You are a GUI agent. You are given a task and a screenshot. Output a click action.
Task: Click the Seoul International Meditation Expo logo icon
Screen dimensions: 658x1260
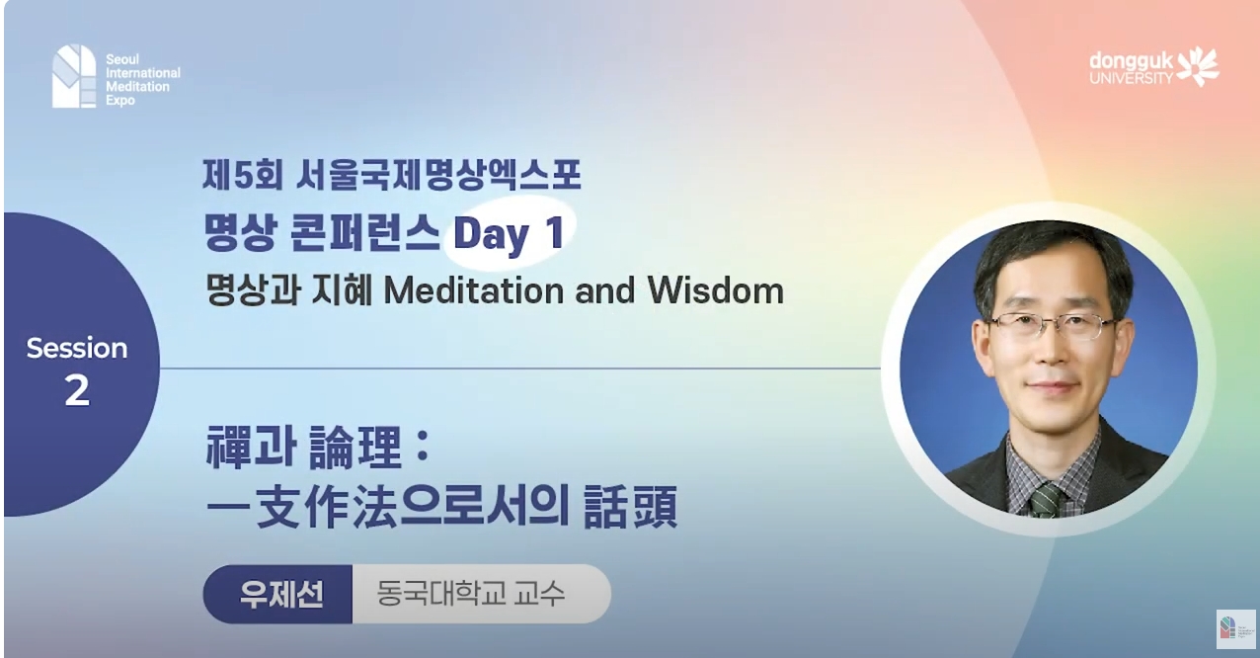74,76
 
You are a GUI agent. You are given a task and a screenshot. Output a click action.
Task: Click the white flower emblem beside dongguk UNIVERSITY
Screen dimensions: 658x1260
1199,65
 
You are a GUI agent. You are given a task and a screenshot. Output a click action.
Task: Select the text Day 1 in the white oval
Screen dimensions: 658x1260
508,234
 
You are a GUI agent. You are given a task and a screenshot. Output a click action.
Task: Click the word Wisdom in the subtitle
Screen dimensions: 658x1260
715,290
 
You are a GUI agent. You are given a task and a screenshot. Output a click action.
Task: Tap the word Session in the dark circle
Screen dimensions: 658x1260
77,348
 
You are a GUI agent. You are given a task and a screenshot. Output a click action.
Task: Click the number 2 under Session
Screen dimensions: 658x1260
77,392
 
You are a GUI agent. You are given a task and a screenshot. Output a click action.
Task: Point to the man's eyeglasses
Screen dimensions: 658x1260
1052,325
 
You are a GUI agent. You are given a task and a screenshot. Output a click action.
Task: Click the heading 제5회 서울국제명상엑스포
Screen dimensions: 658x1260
391,176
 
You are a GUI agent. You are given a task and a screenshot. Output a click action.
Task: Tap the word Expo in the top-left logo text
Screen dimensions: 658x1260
120,101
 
